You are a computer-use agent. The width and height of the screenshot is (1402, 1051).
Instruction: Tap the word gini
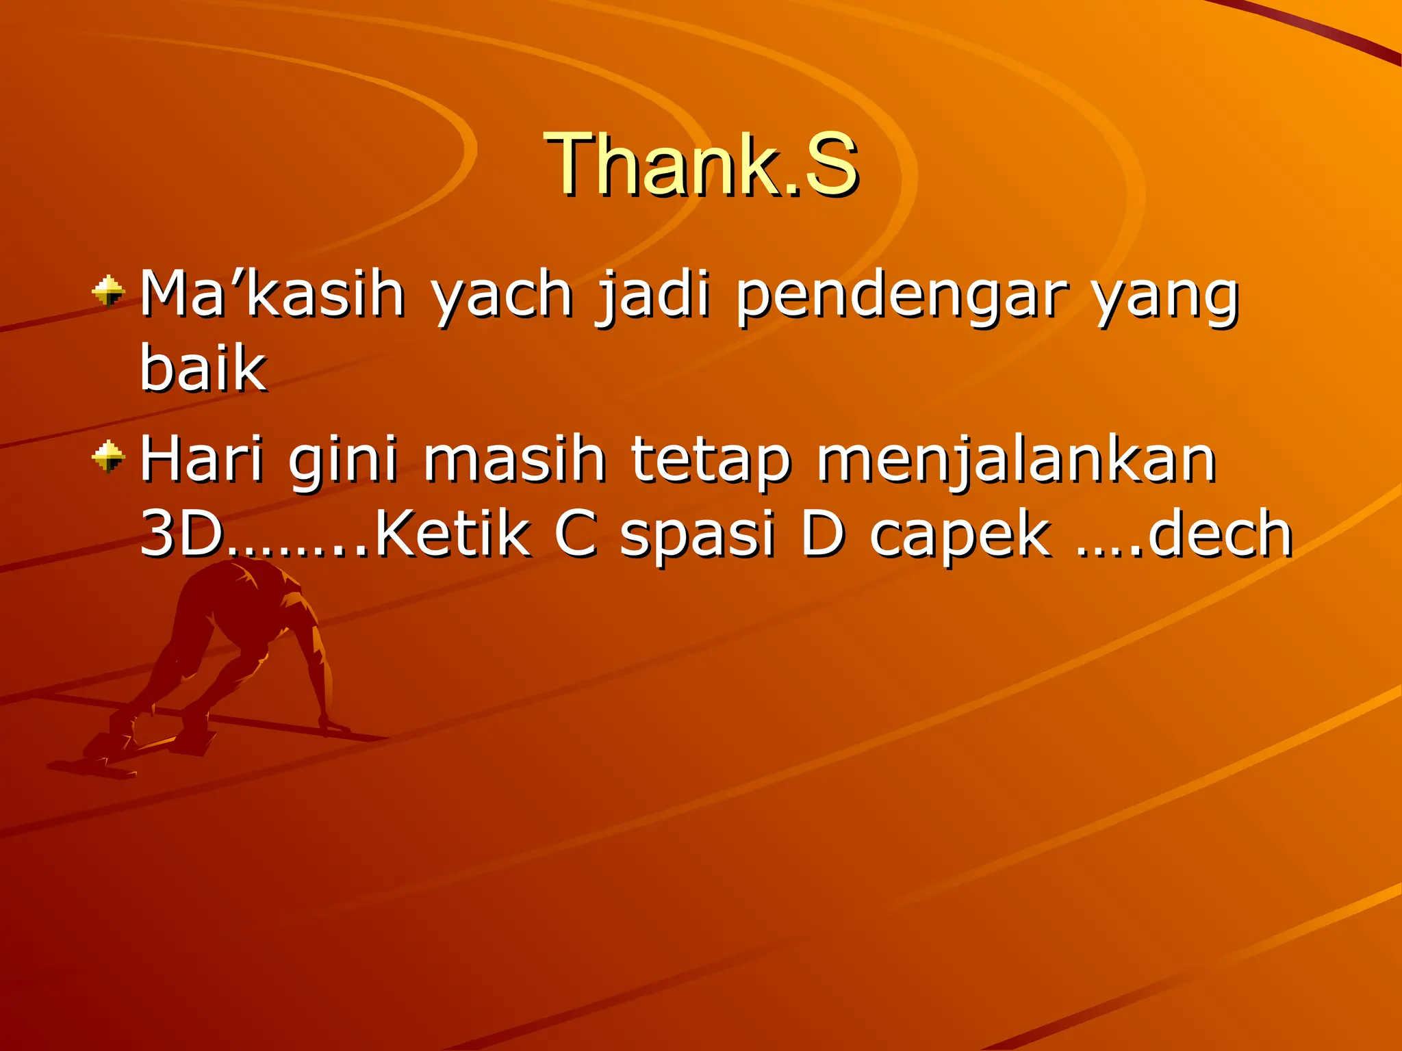tap(342, 460)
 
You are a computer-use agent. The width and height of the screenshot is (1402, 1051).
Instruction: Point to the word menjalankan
tap(1016, 460)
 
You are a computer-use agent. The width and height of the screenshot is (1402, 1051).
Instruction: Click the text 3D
tap(182, 534)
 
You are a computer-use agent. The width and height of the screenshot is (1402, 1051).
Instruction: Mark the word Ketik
tap(453, 534)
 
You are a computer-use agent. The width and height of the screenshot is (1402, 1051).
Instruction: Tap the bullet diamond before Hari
tap(109, 457)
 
